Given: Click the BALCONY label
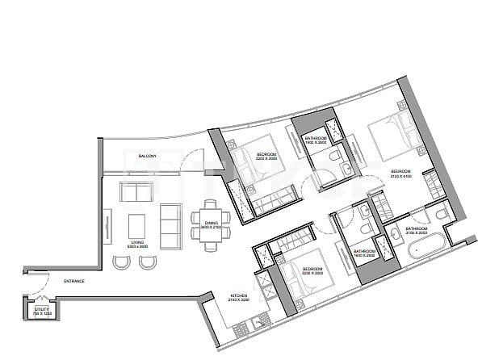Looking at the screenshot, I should pyautogui.click(x=147, y=155).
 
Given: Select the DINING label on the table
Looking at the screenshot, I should pyautogui.click(x=211, y=223).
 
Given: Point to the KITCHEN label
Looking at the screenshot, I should pyautogui.click(x=238, y=296).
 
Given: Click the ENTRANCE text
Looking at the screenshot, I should pyautogui.click(x=74, y=281).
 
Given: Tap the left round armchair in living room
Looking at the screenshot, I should pyautogui.click(x=121, y=262).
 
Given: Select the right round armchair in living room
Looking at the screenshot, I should pyautogui.click(x=147, y=262).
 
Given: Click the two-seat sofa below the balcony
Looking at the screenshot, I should pyautogui.click(x=134, y=193).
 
